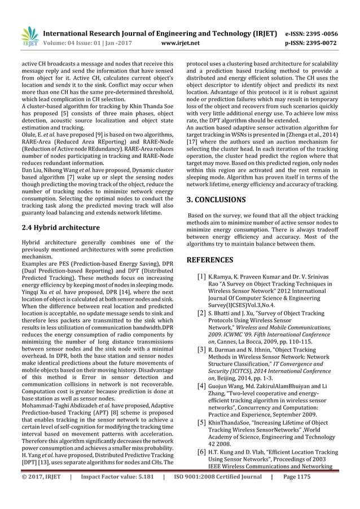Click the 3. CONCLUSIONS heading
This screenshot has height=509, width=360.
pos(224,199)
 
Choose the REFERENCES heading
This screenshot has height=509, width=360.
pos(210,260)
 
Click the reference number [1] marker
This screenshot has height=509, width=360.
pos(201,277)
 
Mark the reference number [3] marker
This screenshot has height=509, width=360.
pos(201,350)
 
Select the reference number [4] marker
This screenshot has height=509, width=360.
pos(201,386)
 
